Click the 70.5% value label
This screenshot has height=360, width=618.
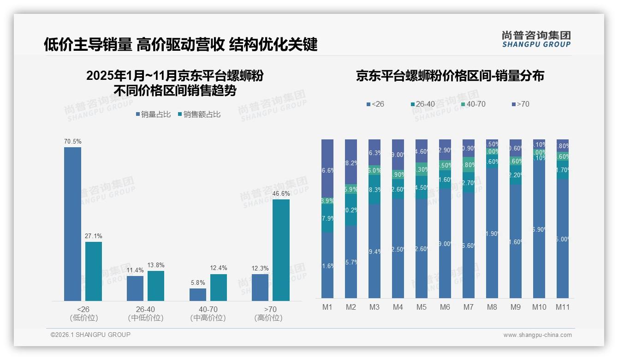(73, 141)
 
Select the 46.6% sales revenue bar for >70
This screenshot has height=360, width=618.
(281, 250)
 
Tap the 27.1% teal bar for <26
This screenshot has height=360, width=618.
(94, 271)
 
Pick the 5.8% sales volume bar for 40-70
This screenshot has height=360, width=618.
(198, 294)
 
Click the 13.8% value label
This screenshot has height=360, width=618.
(156, 265)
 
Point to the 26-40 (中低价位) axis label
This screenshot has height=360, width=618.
(145, 313)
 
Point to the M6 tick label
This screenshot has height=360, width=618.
(445, 307)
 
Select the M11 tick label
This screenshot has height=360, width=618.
(562, 307)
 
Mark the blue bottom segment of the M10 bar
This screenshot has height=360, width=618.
(539, 231)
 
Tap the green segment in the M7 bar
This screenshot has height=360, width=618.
(468, 164)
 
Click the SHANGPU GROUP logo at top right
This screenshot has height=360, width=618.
(536, 39)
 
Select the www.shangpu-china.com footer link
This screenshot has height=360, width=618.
(537, 335)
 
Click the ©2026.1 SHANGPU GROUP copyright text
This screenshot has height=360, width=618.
(90, 335)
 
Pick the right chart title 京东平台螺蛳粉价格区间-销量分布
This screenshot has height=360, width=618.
(450, 76)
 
